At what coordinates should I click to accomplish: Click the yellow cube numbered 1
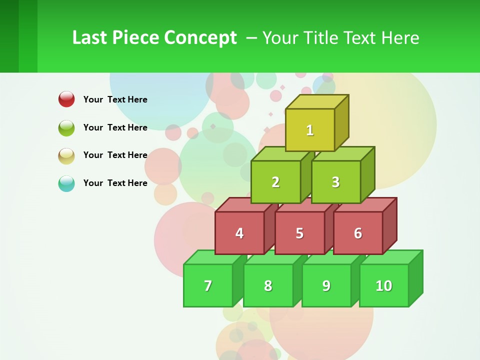pos(310,130)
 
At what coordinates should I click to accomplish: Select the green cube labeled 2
pos(275,182)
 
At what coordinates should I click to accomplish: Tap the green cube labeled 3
pos(335,182)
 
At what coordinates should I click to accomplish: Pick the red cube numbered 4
pos(239,233)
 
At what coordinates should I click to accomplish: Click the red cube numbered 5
pos(299,233)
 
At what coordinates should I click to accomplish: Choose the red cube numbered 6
pos(358,233)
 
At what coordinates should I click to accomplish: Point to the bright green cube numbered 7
pos(208,285)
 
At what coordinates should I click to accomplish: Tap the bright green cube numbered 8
pos(268,285)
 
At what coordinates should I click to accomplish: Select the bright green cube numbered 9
pos(326,285)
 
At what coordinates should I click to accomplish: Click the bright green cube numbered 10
pos(384,285)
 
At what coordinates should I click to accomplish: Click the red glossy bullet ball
pos(66,99)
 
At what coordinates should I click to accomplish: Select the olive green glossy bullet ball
pos(66,127)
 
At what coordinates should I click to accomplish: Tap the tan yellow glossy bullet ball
pos(66,155)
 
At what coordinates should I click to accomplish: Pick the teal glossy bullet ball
pos(66,183)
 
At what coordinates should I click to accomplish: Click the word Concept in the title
pos(200,38)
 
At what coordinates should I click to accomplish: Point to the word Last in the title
pos(90,38)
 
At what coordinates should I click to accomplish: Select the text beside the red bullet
pos(115,99)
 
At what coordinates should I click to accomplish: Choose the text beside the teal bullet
pos(115,183)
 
